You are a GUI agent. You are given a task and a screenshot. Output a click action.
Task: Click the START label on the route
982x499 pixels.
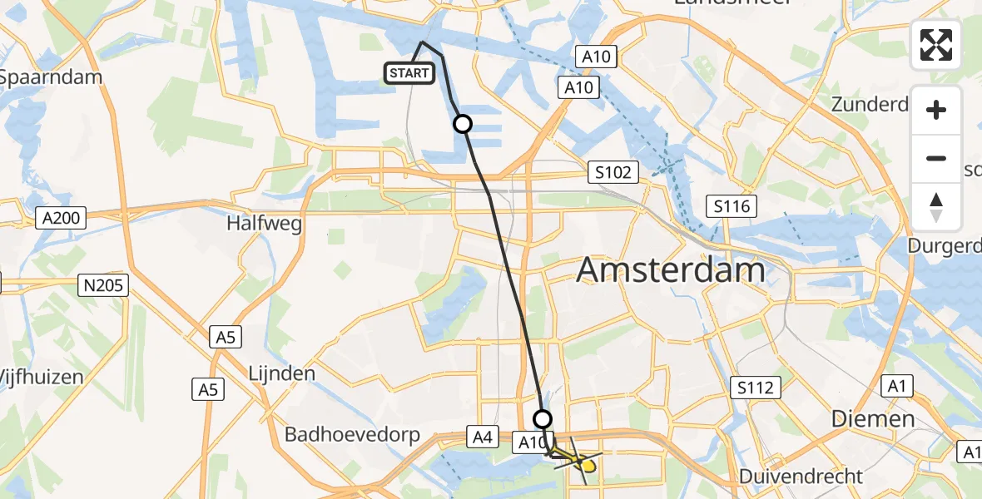click(x=409, y=73)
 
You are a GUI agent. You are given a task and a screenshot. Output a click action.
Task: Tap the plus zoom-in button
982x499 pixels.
click(x=936, y=110)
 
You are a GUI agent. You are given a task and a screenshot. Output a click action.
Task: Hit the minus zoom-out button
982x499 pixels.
click(x=936, y=158)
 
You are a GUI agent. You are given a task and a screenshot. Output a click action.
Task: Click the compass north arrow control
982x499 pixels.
click(x=936, y=207)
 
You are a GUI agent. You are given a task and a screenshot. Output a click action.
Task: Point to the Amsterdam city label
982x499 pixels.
click(x=671, y=271)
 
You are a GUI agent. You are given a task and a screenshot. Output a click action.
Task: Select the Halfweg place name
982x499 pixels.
click(x=264, y=224)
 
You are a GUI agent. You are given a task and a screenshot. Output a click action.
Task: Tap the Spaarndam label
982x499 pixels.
click(x=51, y=77)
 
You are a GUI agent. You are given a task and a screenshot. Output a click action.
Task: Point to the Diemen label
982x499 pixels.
click(x=874, y=419)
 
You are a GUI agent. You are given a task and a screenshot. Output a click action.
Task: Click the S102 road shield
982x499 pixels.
click(x=614, y=173)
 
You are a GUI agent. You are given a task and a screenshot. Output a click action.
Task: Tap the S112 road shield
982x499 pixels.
click(x=756, y=387)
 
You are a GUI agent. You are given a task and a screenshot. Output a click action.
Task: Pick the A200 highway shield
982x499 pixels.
click(x=62, y=218)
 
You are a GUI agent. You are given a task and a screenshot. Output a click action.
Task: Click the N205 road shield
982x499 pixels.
click(x=104, y=286)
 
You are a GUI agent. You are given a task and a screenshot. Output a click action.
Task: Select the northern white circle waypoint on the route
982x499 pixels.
click(x=462, y=124)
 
